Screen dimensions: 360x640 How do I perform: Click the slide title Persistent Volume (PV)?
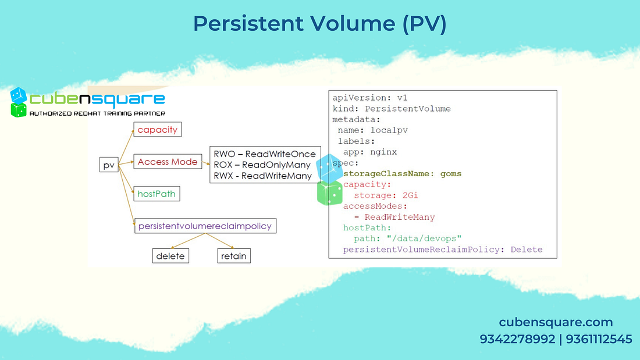coord(319,24)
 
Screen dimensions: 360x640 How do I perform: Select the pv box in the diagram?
coord(109,166)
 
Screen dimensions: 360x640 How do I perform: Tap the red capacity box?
coord(157,130)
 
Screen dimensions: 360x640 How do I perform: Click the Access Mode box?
coord(168,162)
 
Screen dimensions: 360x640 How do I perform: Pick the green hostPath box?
coord(157,194)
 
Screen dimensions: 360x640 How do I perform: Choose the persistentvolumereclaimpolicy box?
coord(205,226)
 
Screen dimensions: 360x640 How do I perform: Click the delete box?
coord(170,256)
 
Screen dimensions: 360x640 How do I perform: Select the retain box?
coord(233,256)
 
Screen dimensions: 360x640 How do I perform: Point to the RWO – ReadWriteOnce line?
coord(265,154)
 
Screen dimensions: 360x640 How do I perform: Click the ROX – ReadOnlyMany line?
coord(262,165)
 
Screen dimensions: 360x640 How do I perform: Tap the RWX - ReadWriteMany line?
coord(263,176)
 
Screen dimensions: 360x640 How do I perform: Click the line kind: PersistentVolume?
coord(391,109)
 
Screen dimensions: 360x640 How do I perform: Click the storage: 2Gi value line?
coord(386,195)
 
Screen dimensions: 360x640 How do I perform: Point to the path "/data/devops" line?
coord(408,238)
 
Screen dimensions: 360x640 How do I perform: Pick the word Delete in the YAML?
coord(526,249)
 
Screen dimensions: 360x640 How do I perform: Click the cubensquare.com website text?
coord(556,322)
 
